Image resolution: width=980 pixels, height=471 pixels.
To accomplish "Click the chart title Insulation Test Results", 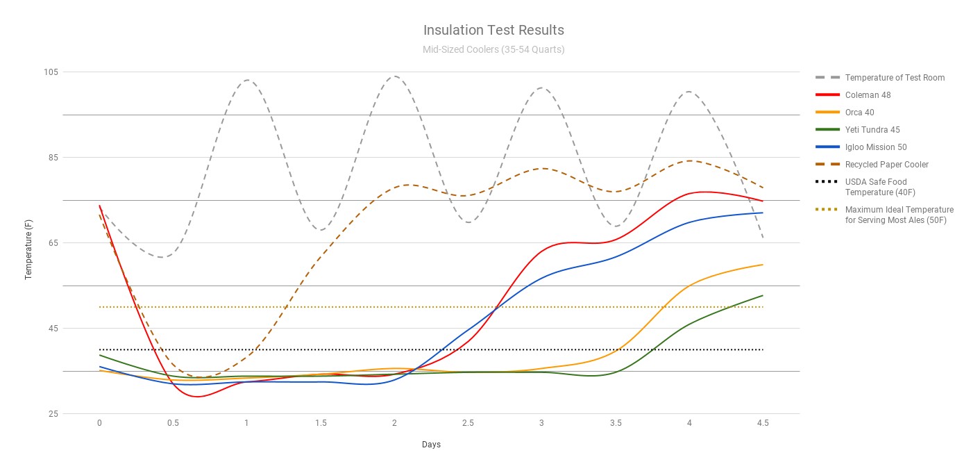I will (493, 31).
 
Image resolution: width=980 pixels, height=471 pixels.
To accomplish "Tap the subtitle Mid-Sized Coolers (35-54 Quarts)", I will (493, 50).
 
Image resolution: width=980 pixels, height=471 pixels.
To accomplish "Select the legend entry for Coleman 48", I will (868, 95).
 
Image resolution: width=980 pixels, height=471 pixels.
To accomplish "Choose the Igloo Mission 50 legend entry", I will (876, 147).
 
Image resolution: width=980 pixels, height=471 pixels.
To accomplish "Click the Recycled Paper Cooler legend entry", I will (886, 165).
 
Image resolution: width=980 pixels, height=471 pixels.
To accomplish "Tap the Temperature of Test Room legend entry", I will (895, 78).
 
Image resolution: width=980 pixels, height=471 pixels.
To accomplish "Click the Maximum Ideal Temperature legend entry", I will (899, 215).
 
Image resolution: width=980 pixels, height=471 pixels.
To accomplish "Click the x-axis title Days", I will (431, 445).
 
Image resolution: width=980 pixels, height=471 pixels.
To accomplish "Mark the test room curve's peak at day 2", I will (394, 76).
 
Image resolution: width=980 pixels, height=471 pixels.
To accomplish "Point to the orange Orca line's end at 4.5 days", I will (763, 265).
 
